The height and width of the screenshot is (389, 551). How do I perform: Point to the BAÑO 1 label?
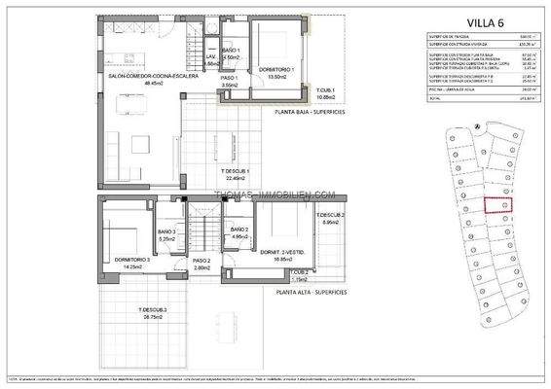pos(231,50)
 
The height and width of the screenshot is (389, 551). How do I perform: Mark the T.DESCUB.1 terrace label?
pos(238,171)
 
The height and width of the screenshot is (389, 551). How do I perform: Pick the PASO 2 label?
pos(202,261)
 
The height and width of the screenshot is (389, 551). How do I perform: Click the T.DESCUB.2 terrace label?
pos(330,215)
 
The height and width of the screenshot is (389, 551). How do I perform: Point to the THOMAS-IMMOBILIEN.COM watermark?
pos(275,194)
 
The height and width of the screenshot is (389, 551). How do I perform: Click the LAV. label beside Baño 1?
pos(210,56)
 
